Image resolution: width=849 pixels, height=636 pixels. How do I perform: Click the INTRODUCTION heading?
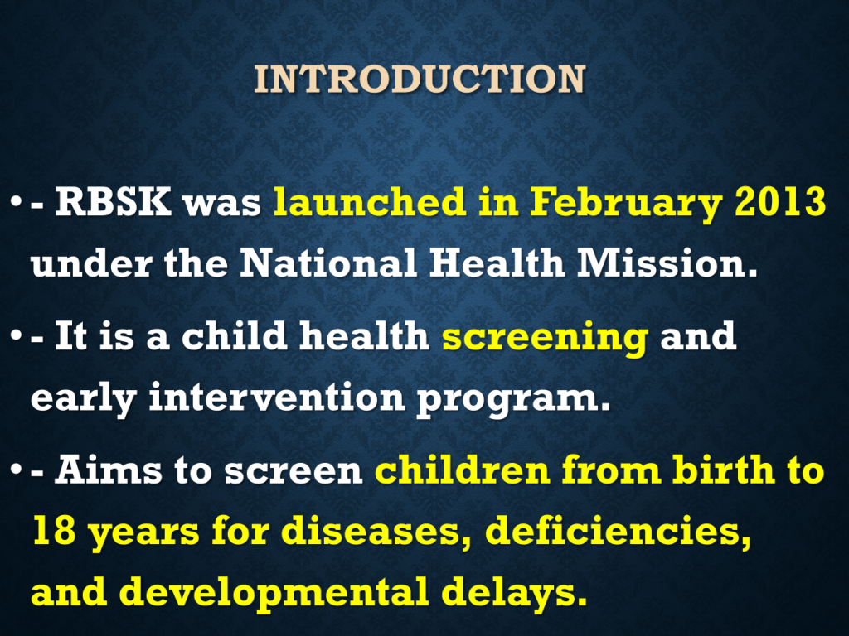point(420,79)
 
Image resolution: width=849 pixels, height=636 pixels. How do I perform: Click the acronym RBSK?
point(113,202)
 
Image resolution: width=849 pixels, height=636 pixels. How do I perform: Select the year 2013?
point(780,202)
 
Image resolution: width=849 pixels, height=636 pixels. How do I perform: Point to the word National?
point(328,263)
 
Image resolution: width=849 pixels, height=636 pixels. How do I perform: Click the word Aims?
point(109,470)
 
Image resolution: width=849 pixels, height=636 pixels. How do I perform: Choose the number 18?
point(54,530)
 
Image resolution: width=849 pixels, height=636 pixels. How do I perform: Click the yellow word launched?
point(369,201)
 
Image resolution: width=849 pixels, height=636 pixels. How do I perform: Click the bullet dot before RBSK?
point(16,203)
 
